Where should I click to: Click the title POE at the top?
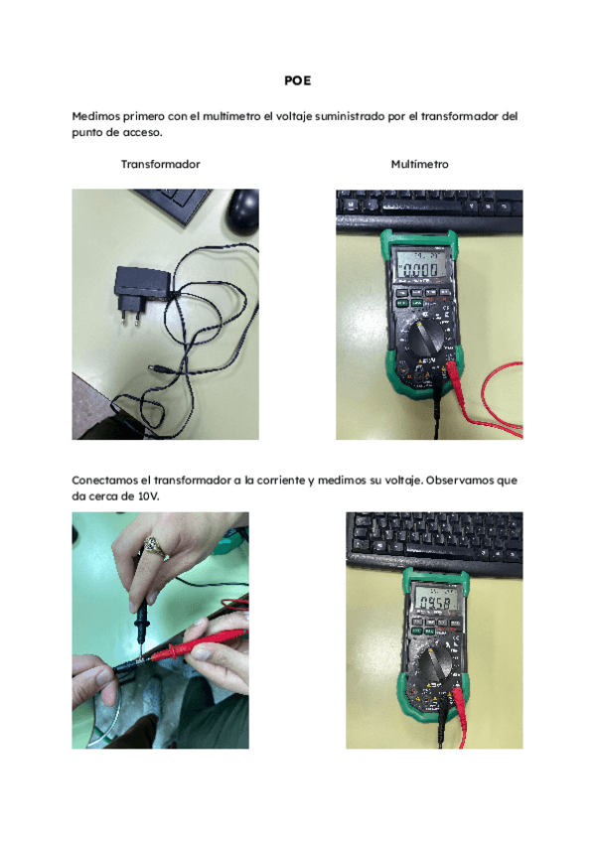click(x=297, y=81)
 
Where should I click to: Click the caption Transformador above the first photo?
click(x=160, y=164)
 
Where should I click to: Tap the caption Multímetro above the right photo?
click(x=419, y=164)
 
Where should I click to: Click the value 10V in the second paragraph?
click(x=145, y=494)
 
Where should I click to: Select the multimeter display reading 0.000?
click(x=417, y=269)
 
